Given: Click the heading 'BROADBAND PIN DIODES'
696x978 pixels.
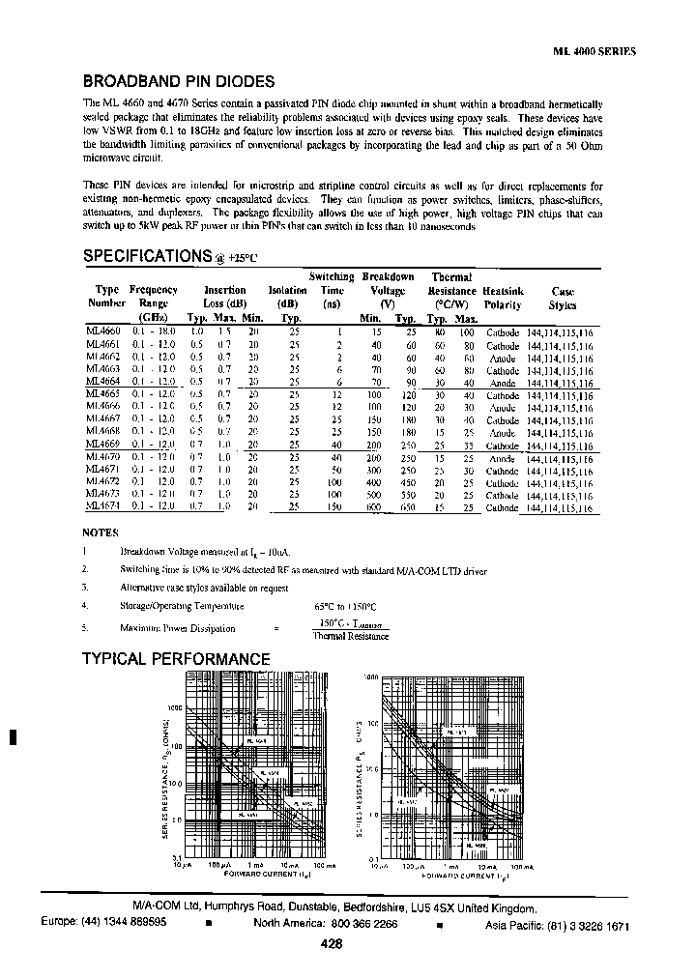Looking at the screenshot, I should pyautogui.click(x=179, y=83).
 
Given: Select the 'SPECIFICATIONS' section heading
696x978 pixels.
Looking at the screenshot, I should pyautogui.click(x=146, y=256).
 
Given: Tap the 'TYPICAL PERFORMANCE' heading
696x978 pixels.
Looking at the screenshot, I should pyautogui.click(x=175, y=659).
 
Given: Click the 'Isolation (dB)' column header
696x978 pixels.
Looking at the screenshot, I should pyautogui.click(x=287, y=297).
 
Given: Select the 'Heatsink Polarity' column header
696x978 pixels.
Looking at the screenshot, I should pyautogui.click(x=504, y=297).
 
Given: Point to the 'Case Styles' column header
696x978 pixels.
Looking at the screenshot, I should pyautogui.click(x=563, y=297).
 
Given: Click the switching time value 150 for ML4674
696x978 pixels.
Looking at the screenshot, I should pyautogui.click(x=333, y=505).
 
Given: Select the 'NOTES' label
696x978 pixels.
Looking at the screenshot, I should pyautogui.click(x=101, y=532).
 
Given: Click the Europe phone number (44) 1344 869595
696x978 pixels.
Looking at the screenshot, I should pyautogui.click(x=103, y=924).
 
